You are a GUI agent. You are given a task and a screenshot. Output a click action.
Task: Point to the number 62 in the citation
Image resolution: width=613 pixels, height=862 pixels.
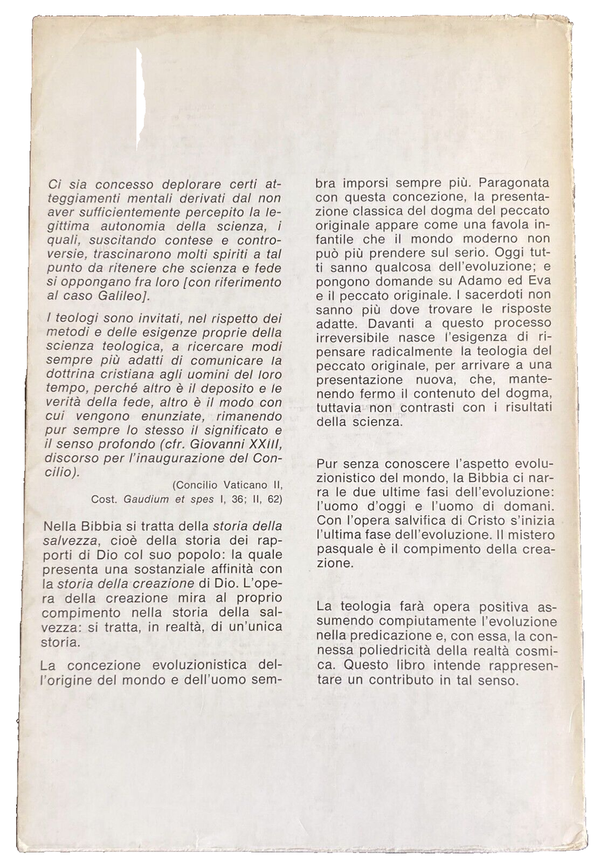click(274, 499)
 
